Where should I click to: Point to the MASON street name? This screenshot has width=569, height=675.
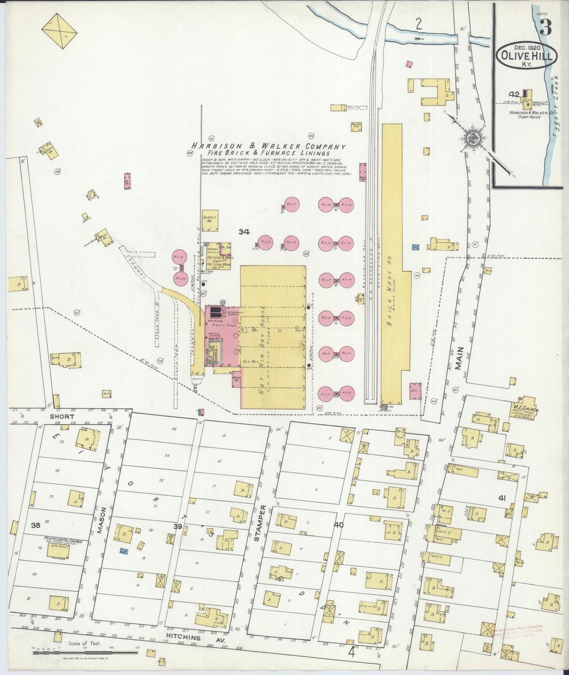tap(101, 525)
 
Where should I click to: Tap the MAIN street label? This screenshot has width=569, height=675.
tap(459, 359)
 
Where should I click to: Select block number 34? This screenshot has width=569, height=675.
tap(244, 232)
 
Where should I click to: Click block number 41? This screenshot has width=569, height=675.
tap(502, 498)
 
